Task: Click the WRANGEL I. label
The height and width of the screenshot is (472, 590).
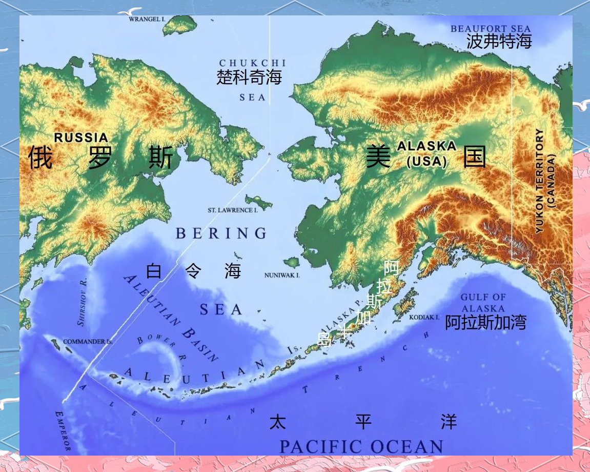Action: point(147,19)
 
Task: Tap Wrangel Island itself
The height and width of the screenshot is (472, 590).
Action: point(180,24)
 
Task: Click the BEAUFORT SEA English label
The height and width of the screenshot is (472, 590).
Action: point(491,29)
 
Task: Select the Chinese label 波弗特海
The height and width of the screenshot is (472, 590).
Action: point(499,42)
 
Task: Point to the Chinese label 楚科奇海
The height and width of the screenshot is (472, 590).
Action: point(249,77)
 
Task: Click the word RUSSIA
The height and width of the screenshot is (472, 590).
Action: point(82,137)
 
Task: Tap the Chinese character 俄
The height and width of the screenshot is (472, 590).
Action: point(40,157)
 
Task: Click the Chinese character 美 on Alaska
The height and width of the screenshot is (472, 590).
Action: point(378,156)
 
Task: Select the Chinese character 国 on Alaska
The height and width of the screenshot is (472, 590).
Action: point(475,157)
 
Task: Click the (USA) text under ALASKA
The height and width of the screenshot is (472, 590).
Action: point(426,162)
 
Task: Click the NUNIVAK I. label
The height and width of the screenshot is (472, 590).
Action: point(282,276)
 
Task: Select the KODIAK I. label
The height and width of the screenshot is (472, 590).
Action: point(424,318)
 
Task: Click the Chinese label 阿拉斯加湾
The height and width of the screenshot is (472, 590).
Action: point(485,322)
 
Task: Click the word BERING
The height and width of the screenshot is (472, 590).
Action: point(221,233)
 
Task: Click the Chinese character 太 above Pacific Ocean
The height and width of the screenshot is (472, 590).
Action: point(277,422)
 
